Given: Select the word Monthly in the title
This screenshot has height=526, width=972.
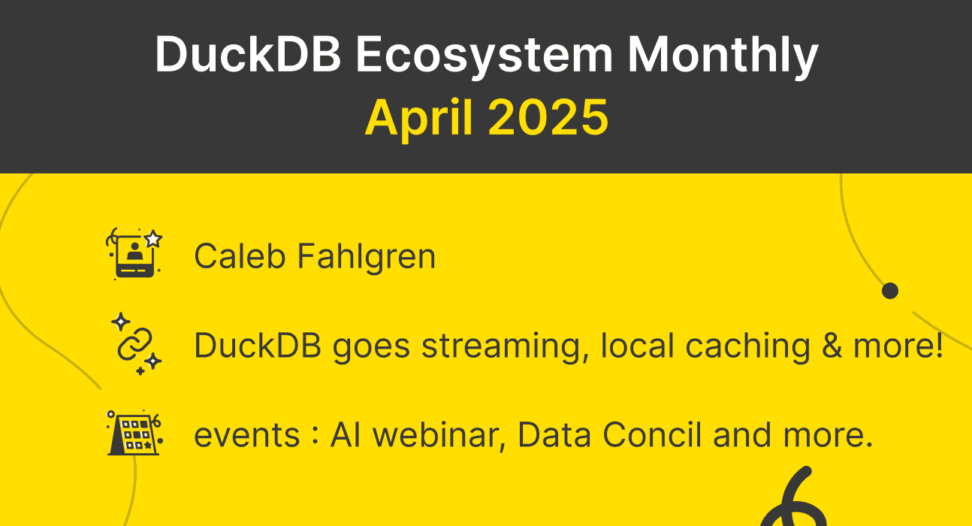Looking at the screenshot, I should pos(723,55).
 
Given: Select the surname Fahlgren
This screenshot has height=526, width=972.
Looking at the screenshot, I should pos(366,256).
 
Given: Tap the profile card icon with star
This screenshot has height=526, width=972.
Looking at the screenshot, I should pos(135,254).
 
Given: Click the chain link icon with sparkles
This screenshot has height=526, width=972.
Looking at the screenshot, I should pos(135,343).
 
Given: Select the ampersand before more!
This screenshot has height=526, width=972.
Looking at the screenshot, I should pos(831,346).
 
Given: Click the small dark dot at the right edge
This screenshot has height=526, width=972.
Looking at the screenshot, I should pos(890,291).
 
